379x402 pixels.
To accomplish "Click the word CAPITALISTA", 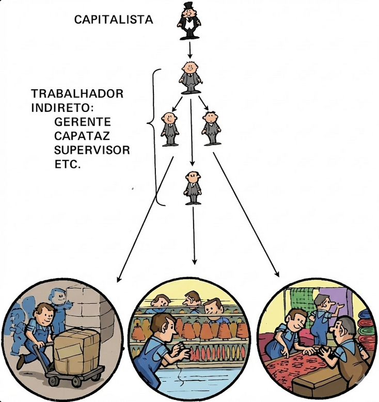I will tap(114, 20).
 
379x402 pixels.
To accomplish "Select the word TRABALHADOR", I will tap(77, 94).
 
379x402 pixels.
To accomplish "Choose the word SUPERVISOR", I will tap(91, 151).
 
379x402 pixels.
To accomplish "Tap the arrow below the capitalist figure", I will tap(190, 50).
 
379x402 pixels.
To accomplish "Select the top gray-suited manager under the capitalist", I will tap(190, 77).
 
